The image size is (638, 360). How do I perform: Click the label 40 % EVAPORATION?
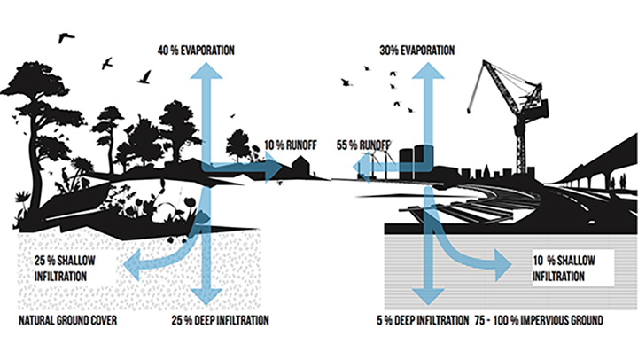pyautogui.click(x=195, y=49)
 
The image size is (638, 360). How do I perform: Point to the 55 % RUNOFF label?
pyautogui.click(x=363, y=145)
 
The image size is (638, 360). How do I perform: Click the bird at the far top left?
pyautogui.click(x=63, y=37)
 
